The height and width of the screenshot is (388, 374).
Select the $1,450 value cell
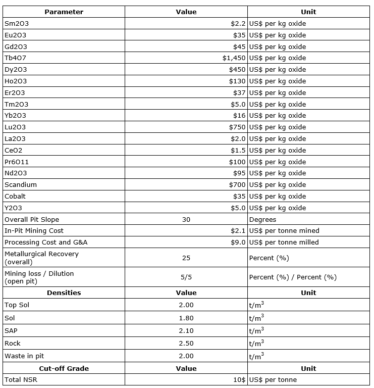pos(234,58)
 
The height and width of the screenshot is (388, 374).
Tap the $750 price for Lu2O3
pos(237,127)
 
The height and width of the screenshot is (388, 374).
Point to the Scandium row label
pos(21,185)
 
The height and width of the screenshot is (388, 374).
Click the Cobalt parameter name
pos(15,197)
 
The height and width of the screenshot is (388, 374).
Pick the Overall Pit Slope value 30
pos(186,220)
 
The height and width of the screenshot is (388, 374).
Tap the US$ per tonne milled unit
pos(284,243)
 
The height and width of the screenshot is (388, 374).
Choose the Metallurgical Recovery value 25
pos(186,258)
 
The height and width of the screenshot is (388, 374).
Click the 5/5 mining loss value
pos(186,277)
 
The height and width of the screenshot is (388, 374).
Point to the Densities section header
pos(64,293)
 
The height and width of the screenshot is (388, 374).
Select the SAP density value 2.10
pos(186,330)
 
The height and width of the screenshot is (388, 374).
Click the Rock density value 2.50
pos(186,344)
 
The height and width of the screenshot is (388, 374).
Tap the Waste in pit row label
pos(22,356)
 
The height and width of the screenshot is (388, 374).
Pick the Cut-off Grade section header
pos(64,368)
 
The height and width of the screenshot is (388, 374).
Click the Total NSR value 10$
pos(239,380)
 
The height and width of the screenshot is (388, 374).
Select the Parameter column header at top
pos(64,12)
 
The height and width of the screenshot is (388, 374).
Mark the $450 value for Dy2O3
pos(237,70)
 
